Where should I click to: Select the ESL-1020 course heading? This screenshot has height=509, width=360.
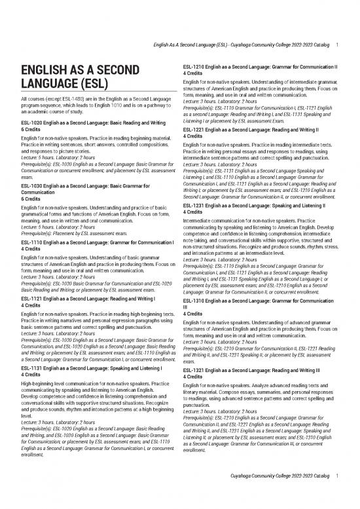[x=92, y=123]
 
